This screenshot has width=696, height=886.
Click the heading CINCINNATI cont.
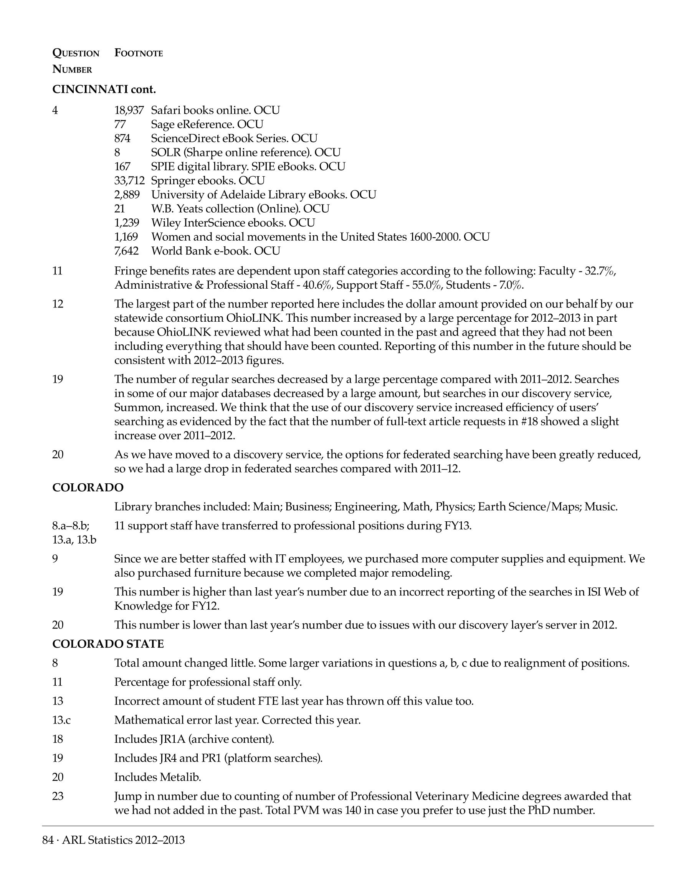pyautogui.click(x=104, y=89)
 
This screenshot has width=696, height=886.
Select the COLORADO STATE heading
pyautogui.click(x=108, y=644)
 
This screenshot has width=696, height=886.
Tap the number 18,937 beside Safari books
pyautogui.click(x=129, y=110)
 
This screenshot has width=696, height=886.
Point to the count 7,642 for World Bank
pyautogui.click(x=126, y=251)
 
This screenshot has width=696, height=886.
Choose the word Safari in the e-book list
pyautogui.click(x=164, y=110)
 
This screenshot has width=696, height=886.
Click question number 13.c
pyautogui.click(x=61, y=720)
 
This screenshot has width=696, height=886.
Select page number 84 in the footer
pyautogui.click(x=48, y=840)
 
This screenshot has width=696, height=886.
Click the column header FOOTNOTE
pyautogui.click(x=139, y=53)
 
